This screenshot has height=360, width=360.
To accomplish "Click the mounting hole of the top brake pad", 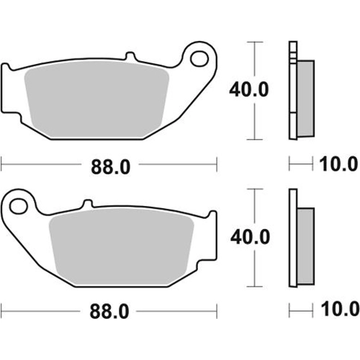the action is point(199,58).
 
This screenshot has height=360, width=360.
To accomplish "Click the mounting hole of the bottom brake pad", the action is point(18,206).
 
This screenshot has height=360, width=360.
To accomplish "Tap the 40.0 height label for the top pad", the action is point(249,90).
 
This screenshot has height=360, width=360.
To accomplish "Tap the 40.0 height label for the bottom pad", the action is point(250,237).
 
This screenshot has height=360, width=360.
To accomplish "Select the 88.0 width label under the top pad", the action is point(111,167).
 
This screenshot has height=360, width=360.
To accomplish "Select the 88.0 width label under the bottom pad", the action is point(109,311).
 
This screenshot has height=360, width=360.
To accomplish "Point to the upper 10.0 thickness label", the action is point(338,164).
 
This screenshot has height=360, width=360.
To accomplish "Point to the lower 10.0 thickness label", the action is point(340,310).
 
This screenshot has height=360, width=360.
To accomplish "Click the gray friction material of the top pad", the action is point(96,99).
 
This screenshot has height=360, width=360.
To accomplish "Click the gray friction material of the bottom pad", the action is point(121,246).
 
